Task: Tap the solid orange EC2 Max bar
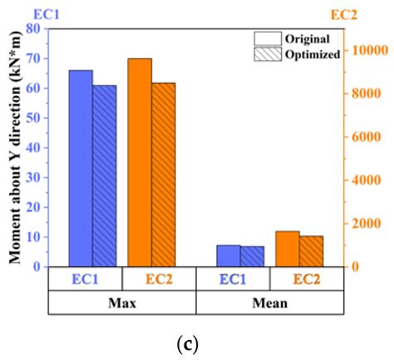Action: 140,162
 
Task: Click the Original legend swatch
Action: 267,38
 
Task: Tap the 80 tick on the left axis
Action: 36,29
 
